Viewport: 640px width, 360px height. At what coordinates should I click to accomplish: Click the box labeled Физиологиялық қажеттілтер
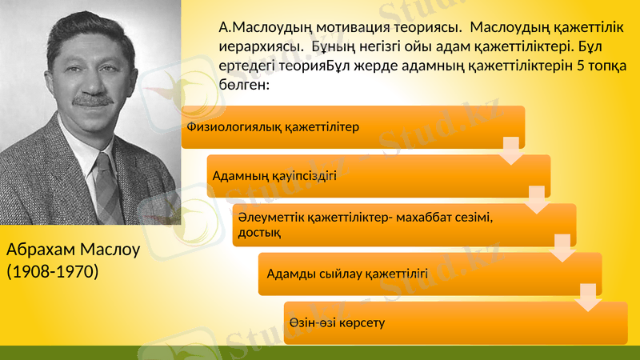click(x=352, y=127)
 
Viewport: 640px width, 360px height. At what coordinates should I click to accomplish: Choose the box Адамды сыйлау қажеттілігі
click(x=429, y=274)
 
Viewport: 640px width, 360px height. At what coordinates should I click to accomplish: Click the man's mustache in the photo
click(x=94, y=100)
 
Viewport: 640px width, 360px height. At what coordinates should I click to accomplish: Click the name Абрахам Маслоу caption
click(x=73, y=250)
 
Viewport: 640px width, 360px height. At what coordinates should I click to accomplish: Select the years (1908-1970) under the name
click(x=53, y=272)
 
